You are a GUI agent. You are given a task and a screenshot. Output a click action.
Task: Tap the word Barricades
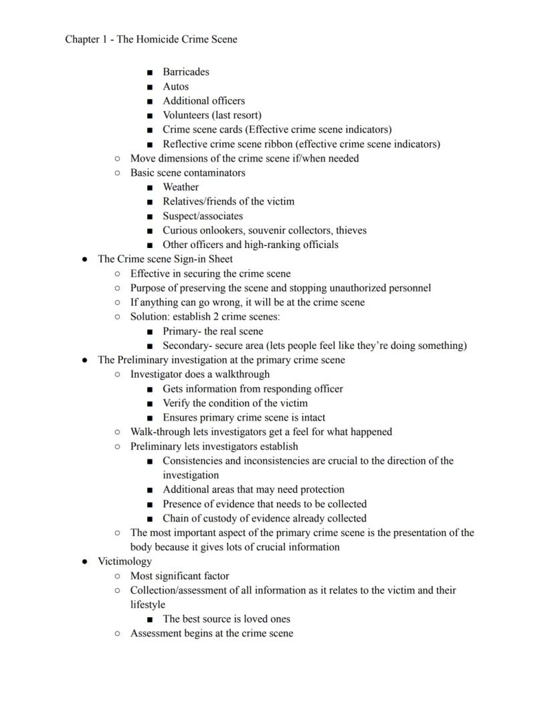[x=186, y=72]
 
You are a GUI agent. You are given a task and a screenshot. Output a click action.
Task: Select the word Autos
[x=176, y=86]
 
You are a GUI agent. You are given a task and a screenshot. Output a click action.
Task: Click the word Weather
[x=181, y=187]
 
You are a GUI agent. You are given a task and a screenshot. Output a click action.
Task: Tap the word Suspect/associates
[x=203, y=216]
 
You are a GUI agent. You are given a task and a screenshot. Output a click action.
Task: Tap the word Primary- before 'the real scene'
[x=182, y=332]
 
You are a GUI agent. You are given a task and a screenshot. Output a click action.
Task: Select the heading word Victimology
[x=124, y=562]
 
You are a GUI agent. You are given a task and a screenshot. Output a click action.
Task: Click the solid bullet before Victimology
[x=85, y=562]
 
